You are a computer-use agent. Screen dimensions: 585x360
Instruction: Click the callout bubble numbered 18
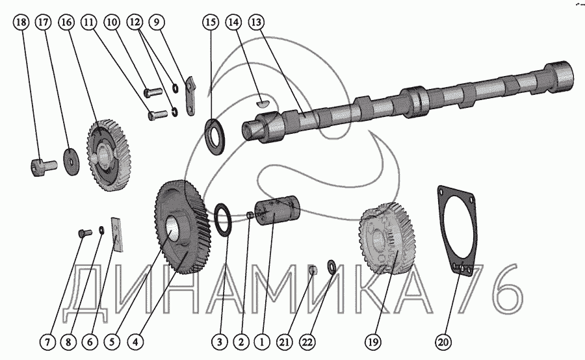(x=21, y=22)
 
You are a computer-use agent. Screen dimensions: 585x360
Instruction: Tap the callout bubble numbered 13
(x=255, y=22)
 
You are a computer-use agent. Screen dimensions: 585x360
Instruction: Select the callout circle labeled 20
(x=443, y=341)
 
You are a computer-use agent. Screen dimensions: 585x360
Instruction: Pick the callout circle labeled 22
(x=307, y=341)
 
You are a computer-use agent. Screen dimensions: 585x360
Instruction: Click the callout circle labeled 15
(x=211, y=22)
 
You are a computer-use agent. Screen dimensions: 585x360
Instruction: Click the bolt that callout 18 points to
(x=43, y=166)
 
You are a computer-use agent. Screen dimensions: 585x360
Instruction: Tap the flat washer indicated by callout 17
(x=71, y=161)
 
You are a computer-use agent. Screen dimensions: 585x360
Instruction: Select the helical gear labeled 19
(x=387, y=238)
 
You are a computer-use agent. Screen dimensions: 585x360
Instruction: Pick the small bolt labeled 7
(x=84, y=233)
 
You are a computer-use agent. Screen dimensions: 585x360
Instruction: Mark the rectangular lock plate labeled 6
(x=117, y=235)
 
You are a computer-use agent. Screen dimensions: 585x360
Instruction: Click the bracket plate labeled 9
(x=190, y=96)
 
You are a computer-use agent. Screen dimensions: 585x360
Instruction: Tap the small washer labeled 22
(x=331, y=266)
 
